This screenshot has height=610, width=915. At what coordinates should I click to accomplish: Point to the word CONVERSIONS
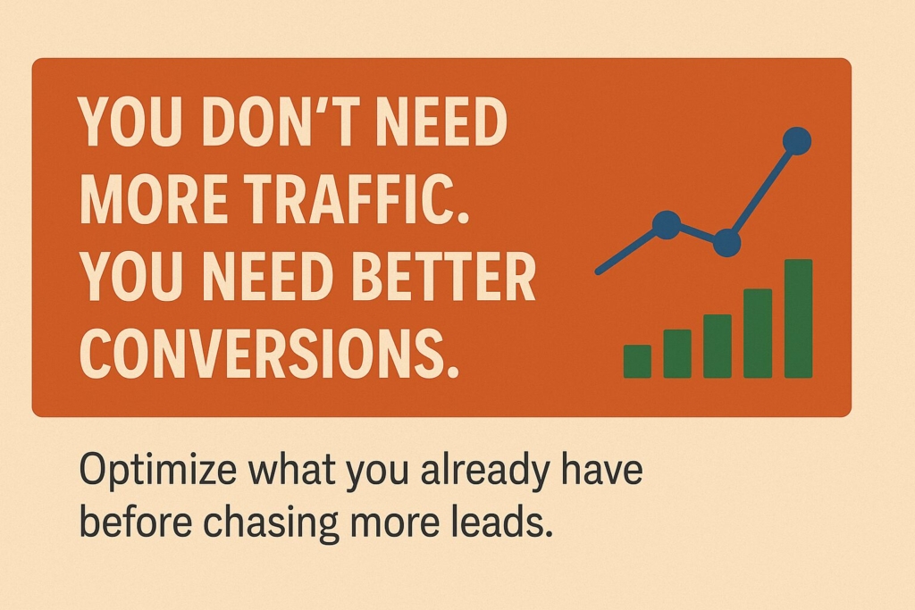(x=264, y=355)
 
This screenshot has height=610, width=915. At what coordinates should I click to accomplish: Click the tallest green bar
(x=798, y=319)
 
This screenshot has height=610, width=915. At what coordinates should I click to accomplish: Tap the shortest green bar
(x=637, y=361)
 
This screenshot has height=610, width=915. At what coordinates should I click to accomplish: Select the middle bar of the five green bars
(x=718, y=347)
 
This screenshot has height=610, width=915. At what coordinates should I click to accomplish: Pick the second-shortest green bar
(x=677, y=354)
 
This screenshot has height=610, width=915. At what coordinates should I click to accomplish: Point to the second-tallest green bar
(x=758, y=333)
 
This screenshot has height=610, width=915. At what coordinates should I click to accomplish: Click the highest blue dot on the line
(x=796, y=140)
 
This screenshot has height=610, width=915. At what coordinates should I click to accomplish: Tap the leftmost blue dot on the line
(x=666, y=224)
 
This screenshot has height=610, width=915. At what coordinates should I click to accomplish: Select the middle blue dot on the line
(x=726, y=242)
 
